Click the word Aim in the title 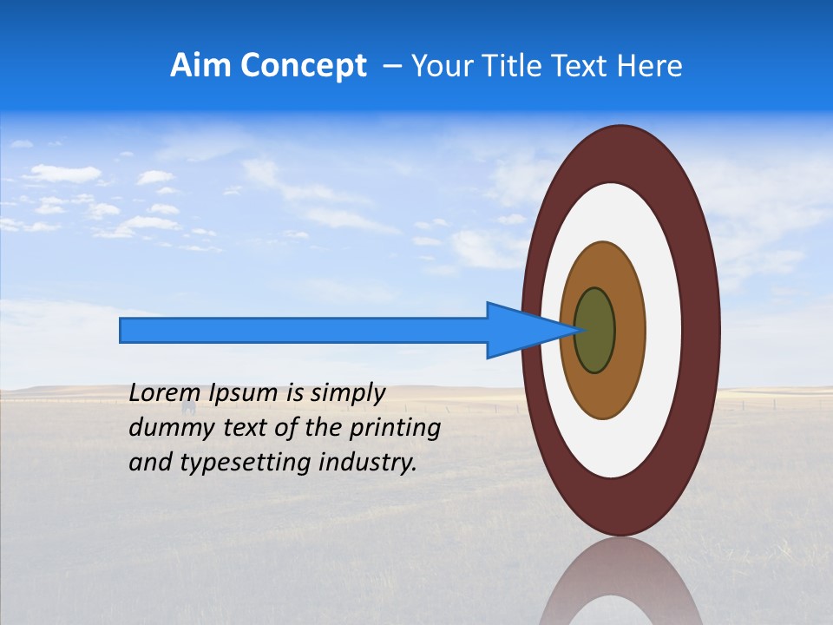coord(200,66)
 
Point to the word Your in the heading coord(438,66)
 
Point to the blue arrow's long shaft coord(304,331)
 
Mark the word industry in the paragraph coord(368,463)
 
